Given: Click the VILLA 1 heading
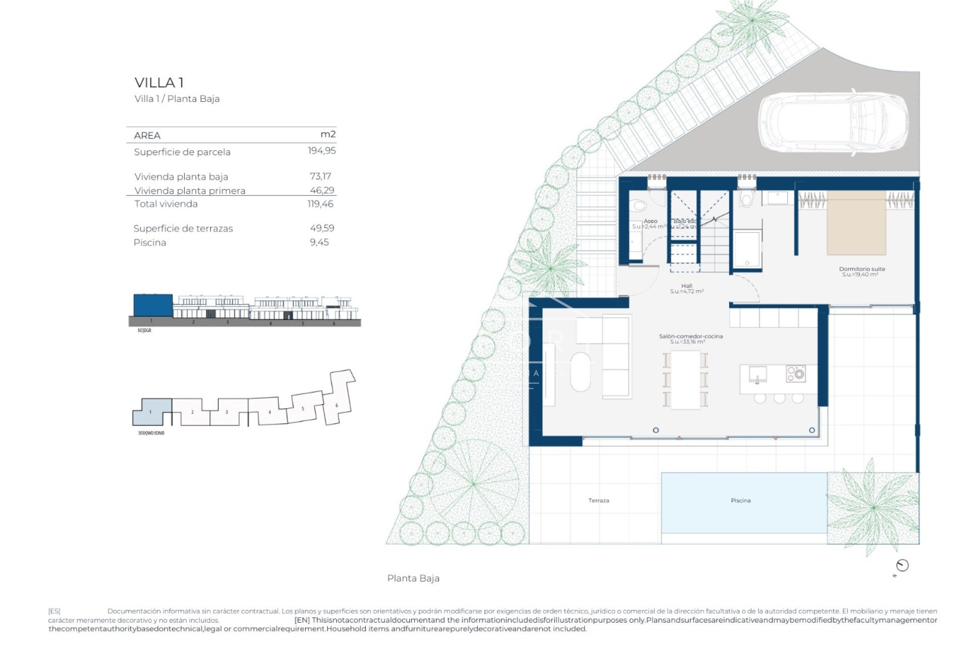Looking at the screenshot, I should click(159, 82).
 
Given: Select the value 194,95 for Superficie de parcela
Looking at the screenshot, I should click(321, 151).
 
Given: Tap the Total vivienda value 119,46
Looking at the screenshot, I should click(320, 204).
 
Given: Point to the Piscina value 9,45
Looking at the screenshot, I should click(319, 242).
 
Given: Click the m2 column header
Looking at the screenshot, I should click(328, 134).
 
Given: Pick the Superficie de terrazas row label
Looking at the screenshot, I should click(183, 229).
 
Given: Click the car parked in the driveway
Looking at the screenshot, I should click(833, 123).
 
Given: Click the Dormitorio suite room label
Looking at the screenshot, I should click(862, 269).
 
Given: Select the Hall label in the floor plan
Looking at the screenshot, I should click(686, 286).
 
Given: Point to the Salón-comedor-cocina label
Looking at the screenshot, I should click(690, 336).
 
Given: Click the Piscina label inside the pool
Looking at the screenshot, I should click(740, 501).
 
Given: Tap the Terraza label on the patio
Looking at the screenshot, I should click(599, 501).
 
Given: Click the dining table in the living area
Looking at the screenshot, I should click(685, 379).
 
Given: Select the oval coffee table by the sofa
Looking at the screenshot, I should click(580, 372).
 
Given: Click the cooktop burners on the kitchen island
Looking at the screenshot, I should click(796, 373).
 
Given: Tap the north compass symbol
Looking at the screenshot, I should click(902, 565).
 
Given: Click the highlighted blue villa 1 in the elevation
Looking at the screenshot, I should click(153, 305).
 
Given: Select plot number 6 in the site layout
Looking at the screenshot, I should click(337, 405).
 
